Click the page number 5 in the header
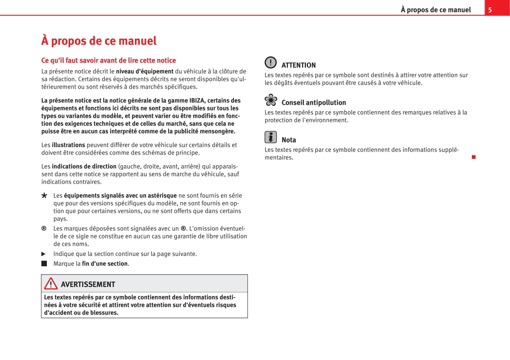point(490,10)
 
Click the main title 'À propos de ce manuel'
point(99,41)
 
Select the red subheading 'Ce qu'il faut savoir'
point(109,60)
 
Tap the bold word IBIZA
point(197,101)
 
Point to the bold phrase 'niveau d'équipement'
point(145,71)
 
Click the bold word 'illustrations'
point(69,145)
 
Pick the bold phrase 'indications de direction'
point(84,166)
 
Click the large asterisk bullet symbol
point(44,196)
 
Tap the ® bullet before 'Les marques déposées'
point(44,229)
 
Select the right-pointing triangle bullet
point(43,254)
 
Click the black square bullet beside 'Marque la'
point(44,264)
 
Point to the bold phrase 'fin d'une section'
point(105,264)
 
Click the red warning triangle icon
point(51,284)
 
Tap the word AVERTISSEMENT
point(88,285)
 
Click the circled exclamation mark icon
point(270,62)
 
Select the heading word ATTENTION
point(299,65)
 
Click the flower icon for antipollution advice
point(271,100)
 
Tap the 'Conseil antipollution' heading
point(314,102)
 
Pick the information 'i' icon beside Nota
point(270,137)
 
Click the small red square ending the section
point(474,157)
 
